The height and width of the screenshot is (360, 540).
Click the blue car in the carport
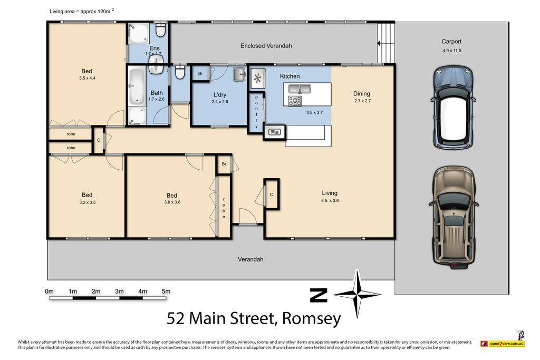click(x=453, y=108)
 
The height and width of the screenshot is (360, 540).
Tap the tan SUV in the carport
click(x=454, y=218)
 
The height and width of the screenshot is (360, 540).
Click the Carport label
click(x=451, y=41)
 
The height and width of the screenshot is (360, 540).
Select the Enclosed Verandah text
click(x=266, y=46)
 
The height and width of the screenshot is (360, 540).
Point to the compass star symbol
click(x=357, y=294)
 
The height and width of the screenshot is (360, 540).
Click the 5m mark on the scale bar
click(x=166, y=291)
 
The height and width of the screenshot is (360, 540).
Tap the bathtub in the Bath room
click(x=137, y=86)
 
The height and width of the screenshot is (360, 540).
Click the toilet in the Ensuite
click(x=160, y=29)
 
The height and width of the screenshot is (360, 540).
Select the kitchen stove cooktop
click(x=294, y=101)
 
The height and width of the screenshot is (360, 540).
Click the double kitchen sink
click(x=300, y=89)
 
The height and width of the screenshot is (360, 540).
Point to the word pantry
click(x=257, y=112)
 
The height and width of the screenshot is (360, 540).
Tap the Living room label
click(x=330, y=193)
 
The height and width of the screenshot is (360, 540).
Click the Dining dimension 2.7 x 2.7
click(x=362, y=101)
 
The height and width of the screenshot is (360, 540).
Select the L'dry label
click(x=220, y=95)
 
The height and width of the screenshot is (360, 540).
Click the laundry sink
click(x=239, y=74)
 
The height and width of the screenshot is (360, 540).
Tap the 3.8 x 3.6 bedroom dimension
click(x=172, y=202)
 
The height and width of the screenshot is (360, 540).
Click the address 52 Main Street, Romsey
click(x=254, y=318)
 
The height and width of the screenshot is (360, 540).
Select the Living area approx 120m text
click(x=82, y=11)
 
